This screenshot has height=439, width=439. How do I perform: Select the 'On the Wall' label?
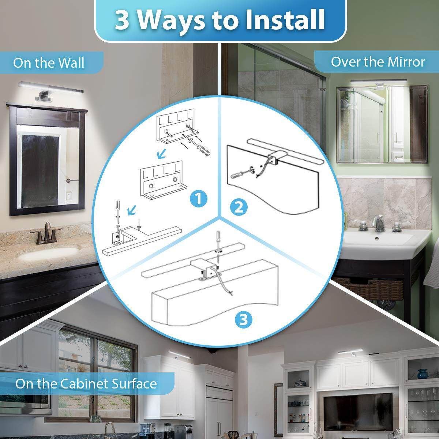49,63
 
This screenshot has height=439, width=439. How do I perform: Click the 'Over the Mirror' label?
378,62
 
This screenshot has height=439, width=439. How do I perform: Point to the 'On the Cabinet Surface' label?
86,383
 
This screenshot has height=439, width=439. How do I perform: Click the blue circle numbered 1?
199,199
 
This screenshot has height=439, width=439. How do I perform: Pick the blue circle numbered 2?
239,208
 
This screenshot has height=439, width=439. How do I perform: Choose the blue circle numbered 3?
244,320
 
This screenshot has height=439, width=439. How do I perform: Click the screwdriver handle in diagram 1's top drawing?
205,150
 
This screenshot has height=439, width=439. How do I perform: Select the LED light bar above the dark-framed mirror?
51,87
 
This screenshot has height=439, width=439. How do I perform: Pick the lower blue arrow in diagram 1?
132,210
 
